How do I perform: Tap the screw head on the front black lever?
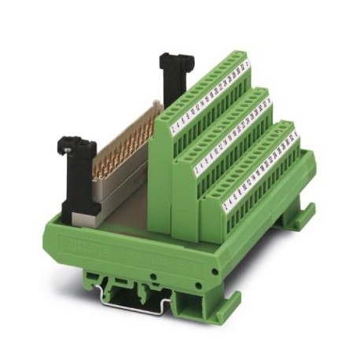pyautogui.click(x=68, y=144)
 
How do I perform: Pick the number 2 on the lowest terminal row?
pyautogui.click(x=226, y=205)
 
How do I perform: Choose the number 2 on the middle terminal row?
pyautogui.click(x=199, y=165)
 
